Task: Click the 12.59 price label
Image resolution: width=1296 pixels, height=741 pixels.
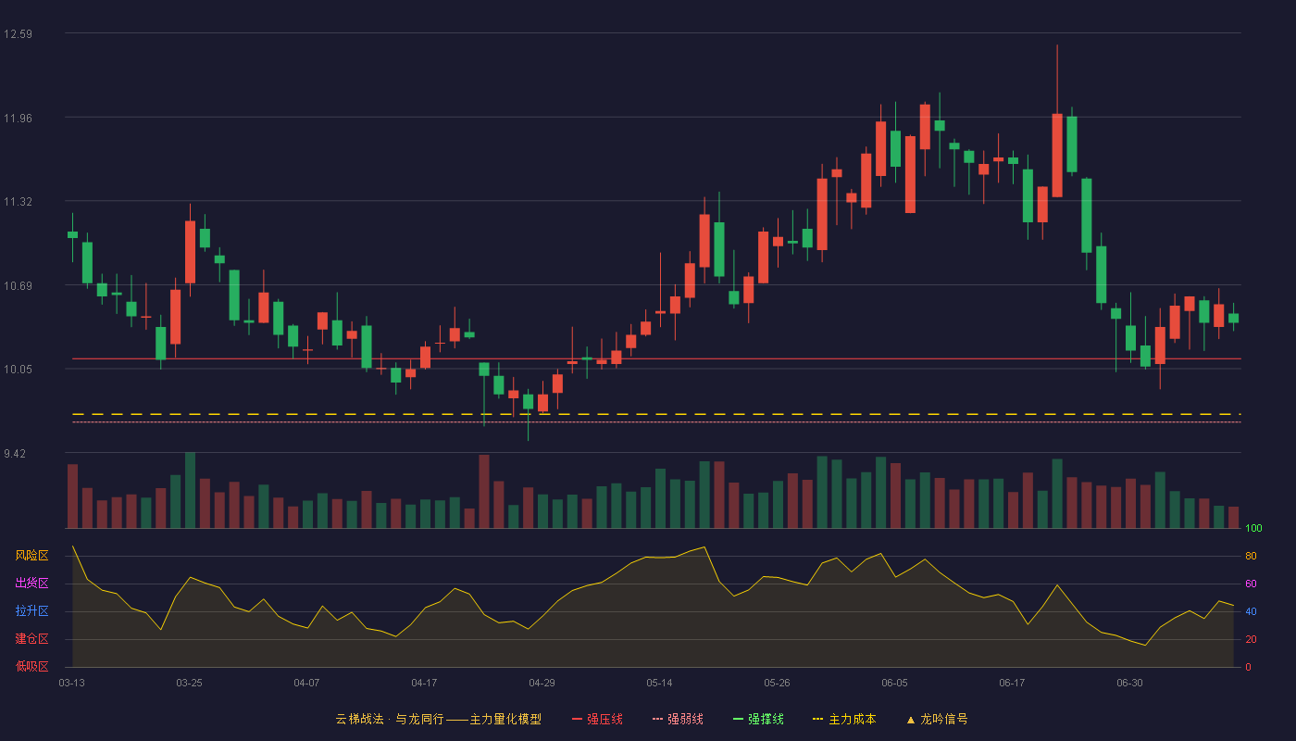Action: click(18, 34)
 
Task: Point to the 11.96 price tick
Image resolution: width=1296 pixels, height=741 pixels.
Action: click(18, 119)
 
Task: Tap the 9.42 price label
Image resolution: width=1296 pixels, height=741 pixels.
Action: click(15, 453)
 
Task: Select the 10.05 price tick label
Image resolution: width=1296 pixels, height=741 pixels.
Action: click(18, 370)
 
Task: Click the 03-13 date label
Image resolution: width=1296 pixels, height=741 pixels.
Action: click(72, 684)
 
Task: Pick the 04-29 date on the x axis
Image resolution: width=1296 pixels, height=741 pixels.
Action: click(542, 684)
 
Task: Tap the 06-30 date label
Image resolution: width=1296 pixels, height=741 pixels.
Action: click(1129, 684)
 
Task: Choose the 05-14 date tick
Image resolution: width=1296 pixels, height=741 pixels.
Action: click(659, 684)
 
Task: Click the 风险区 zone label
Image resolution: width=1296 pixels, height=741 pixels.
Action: click(31, 556)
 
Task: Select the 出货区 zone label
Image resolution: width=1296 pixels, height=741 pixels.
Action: click(31, 583)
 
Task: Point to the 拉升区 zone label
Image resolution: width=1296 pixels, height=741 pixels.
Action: click(31, 610)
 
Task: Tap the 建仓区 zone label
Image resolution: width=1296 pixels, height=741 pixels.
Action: click(31, 638)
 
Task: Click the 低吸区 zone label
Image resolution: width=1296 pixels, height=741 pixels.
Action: click(31, 666)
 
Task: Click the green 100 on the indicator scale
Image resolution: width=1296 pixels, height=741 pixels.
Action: click(1253, 528)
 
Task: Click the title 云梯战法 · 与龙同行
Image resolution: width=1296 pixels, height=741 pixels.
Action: click(390, 719)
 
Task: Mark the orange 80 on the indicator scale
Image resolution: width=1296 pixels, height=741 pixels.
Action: click(1251, 556)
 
